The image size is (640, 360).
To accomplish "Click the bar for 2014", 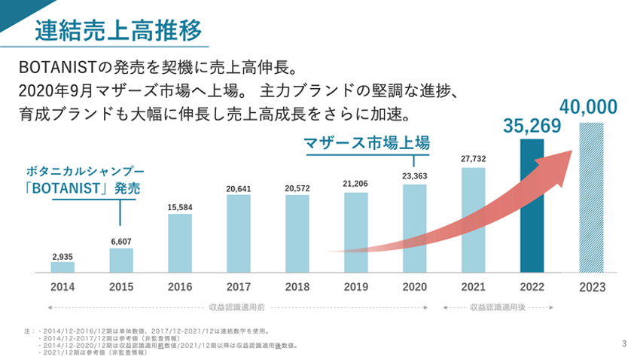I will (62, 267).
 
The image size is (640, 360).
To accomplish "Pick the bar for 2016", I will (180, 243).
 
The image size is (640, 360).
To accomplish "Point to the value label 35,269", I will (532, 126).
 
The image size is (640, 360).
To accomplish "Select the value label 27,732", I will (473, 159).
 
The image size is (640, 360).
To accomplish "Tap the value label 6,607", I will (121, 241).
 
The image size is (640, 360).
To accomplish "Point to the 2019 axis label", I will (355, 287).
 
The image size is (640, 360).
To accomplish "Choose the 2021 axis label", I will (473, 287).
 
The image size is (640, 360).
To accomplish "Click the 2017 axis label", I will (239, 287).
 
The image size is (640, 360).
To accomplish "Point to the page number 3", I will (625, 344).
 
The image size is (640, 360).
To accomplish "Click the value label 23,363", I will (414, 176).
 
